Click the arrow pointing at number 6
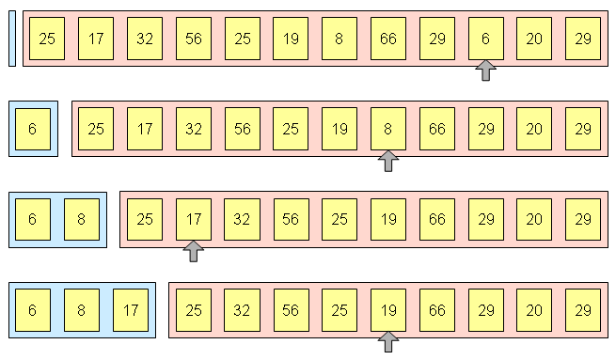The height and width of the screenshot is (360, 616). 485,70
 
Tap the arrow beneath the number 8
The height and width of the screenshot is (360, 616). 387,161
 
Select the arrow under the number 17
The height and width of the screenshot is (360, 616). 193,251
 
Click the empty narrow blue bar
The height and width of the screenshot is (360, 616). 12,39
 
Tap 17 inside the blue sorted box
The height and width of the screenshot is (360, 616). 130,309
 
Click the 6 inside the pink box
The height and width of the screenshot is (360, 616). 485,39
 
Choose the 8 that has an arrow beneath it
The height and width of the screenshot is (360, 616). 387,129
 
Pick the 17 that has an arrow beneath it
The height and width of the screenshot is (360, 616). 193,219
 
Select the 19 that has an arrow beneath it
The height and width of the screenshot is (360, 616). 387,309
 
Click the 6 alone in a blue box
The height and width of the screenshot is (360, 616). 32,129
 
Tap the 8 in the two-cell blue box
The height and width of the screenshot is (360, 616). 81,219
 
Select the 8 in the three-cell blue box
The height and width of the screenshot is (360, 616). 81,309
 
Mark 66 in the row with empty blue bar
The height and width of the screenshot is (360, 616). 387,39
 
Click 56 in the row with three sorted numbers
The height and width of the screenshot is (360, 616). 290,309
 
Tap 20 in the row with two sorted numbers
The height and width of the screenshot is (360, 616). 534,219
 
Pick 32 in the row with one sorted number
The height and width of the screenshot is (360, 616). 193,129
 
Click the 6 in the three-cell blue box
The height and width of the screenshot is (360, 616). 32,309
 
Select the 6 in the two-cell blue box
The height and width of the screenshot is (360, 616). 32,219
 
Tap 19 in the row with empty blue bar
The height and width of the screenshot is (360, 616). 290,39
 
